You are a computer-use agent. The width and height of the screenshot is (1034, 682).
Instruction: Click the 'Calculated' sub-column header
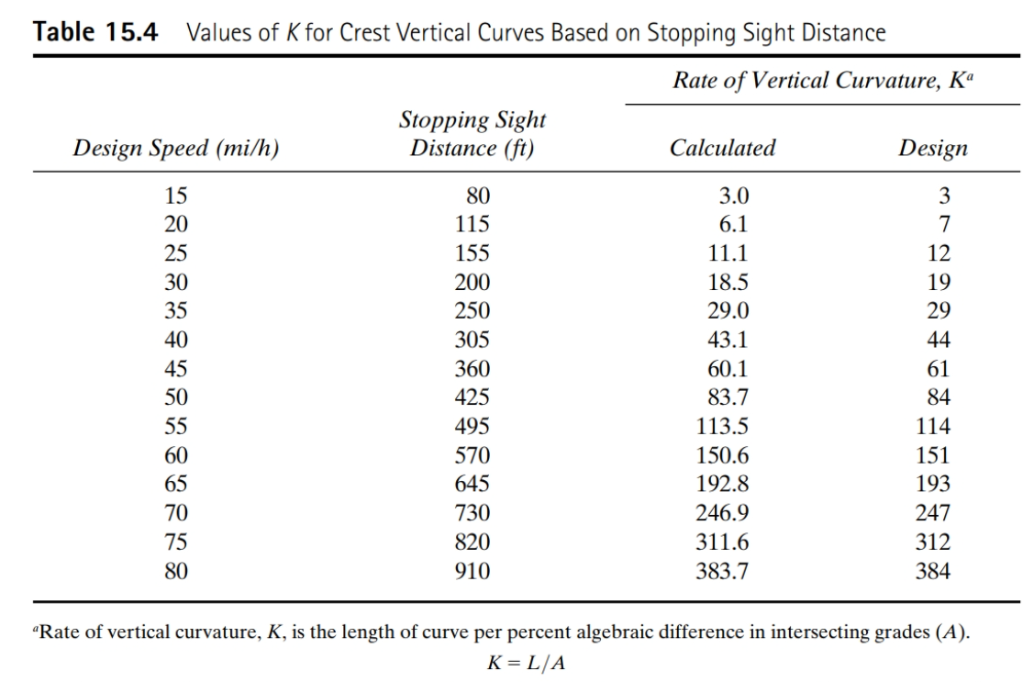[722, 148]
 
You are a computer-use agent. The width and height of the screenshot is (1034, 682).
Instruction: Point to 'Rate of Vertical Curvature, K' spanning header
[821, 79]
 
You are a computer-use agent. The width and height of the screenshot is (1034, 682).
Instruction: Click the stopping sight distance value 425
[473, 397]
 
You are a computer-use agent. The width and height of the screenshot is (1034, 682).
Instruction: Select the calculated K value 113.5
[722, 427]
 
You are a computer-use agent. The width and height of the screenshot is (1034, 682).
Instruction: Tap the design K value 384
[934, 572]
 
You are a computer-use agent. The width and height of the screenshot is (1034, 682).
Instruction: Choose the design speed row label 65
[175, 485]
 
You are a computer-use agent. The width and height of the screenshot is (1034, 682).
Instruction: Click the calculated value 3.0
[734, 195]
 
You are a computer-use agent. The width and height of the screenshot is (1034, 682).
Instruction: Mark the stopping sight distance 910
[473, 572]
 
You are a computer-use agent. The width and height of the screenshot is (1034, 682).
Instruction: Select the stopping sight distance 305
[473, 340]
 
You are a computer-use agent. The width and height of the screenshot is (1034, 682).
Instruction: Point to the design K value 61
[938, 369]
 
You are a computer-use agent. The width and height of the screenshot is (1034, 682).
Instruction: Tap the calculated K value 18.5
[727, 282]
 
